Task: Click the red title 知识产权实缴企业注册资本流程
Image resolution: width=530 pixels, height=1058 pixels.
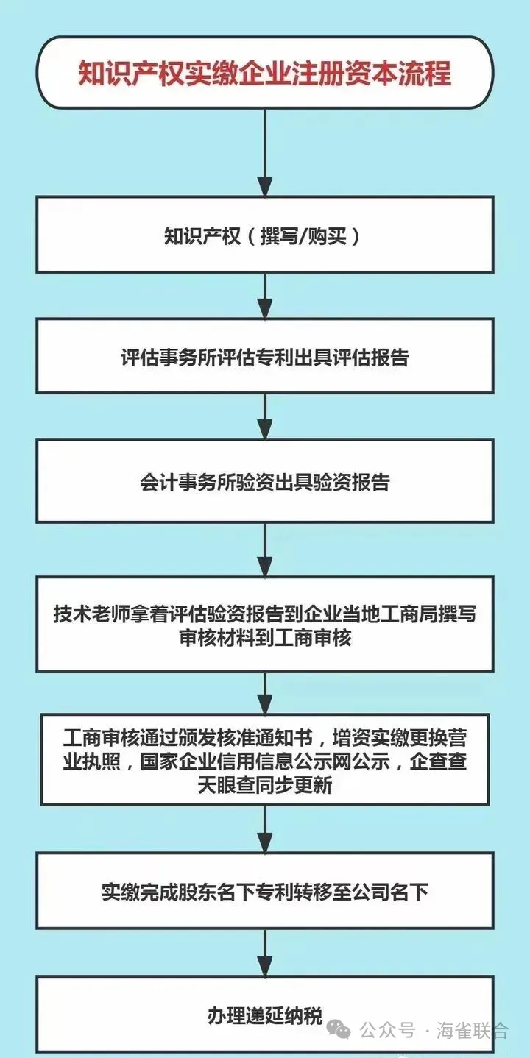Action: pyautogui.click(x=264, y=74)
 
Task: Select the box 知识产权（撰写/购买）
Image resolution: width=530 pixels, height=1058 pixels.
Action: pyautogui.click(x=264, y=237)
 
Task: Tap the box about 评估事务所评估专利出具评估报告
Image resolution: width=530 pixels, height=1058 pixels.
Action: pyautogui.click(x=264, y=358)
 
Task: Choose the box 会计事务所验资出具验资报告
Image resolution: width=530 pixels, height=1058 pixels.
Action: pyautogui.click(x=264, y=482)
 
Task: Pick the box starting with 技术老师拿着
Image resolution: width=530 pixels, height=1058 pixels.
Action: pyautogui.click(x=264, y=625)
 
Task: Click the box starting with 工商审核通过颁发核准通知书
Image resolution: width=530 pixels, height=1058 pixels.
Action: pyautogui.click(x=264, y=760)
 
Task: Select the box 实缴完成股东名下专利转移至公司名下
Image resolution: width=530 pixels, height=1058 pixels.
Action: pyautogui.click(x=264, y=892)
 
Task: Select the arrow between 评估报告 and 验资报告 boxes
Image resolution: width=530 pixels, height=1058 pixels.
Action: pyautogui.click(x=264, y=416)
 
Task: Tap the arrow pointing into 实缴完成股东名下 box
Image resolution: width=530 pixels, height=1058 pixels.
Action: pyautogui.click(x=264, y=830)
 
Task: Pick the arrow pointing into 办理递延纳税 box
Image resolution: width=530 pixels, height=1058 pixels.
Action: pyautogui.click(x=264, y=953)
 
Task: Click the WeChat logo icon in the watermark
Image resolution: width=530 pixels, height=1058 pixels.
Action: pyautogui.click(x=341, y=1030)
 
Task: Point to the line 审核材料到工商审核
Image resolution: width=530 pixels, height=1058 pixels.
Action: pyautogui.click(x=264, y=638)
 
